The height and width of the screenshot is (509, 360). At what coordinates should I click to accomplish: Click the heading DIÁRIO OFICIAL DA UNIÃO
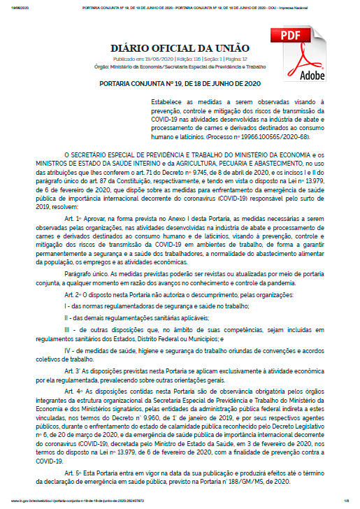tap(180, 48)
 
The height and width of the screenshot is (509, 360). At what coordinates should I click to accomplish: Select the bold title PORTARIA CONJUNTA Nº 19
tap(180, 85)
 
